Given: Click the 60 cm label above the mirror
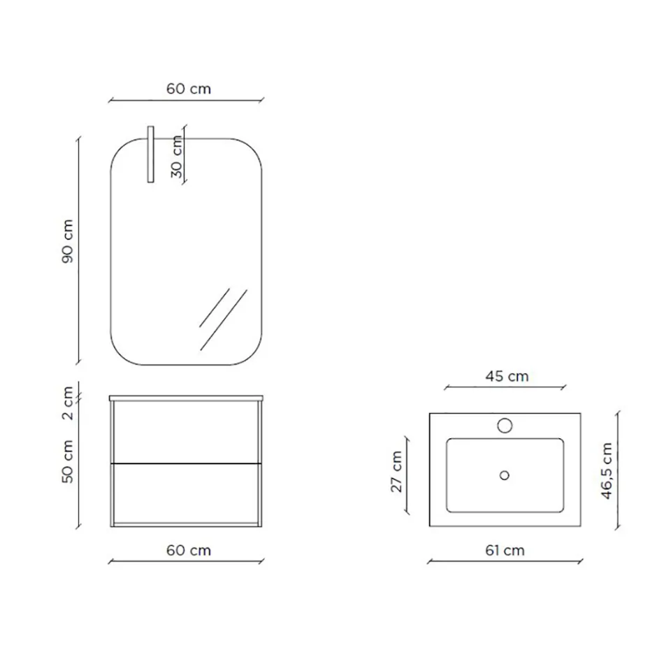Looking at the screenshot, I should [189, 89].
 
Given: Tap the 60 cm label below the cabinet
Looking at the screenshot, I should [189, 550].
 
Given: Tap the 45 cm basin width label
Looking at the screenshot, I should [507, 376].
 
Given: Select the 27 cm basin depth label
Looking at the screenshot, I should [396, 472].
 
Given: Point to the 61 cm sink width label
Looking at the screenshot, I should [505, 550].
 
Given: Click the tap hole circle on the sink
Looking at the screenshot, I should [505, 424].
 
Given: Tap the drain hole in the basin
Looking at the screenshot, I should [505, 475].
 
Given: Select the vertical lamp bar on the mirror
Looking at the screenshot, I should [150, 154].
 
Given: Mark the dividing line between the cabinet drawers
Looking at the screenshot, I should [187, 463].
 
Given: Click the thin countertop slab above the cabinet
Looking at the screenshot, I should [187, 398].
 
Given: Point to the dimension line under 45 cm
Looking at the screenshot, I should [505, 386].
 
